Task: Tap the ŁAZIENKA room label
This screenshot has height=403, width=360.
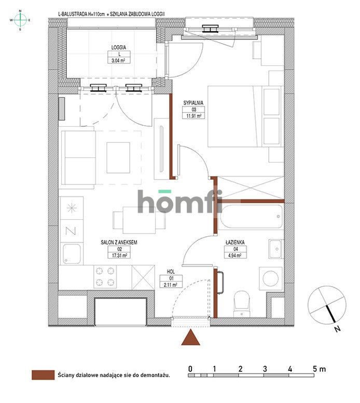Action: [x=235, y=241]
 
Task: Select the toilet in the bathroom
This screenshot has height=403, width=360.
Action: [x=242, y=301]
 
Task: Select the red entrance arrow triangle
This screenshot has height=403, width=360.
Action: [x=192, y=338]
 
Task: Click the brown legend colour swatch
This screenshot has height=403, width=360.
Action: [x=43, y=374]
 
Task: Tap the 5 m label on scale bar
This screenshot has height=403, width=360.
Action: [x=319, y=369]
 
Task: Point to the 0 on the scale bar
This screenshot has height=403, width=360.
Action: [x=191, y=369]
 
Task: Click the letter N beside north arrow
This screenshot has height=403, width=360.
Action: [x=337, y=329]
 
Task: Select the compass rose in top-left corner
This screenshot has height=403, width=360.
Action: [x=20, y=20]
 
